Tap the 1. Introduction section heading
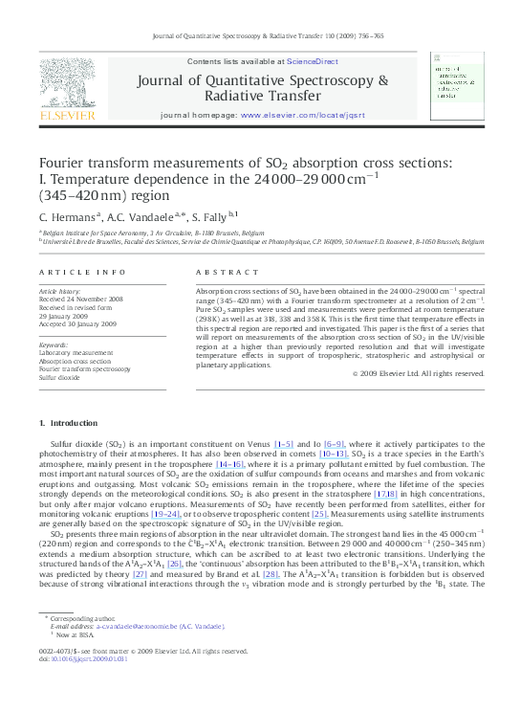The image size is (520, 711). click(68, 423)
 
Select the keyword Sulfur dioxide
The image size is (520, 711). click(62, 378)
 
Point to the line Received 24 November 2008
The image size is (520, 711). click(81, 299)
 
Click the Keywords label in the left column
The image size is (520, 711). click(54, 344)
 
